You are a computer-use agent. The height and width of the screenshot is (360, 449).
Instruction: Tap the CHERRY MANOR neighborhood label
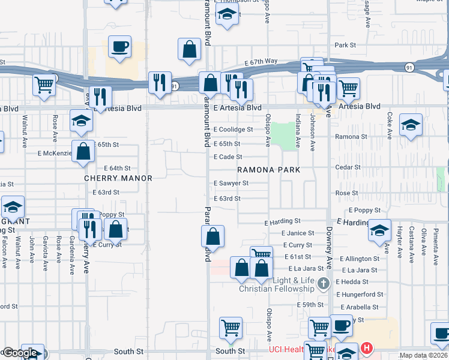118,178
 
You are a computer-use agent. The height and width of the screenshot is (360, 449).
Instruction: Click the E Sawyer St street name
231,183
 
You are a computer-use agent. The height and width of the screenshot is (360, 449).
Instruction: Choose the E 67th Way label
261,62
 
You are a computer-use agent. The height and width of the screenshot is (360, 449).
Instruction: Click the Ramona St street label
347,137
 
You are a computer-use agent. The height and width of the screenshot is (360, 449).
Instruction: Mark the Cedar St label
348,167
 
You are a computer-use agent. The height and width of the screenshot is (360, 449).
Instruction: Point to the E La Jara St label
359,270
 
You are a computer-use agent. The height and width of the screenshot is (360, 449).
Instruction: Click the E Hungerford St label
360,294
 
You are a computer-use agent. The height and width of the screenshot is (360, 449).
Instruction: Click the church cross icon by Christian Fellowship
324,283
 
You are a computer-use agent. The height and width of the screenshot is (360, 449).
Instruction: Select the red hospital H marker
366,347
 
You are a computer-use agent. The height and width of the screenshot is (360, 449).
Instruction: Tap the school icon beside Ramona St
411,125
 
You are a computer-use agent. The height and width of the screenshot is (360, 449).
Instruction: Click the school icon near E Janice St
379,231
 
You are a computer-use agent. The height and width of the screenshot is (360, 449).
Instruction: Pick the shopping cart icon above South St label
231,328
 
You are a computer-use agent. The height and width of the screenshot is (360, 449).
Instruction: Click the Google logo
20,353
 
